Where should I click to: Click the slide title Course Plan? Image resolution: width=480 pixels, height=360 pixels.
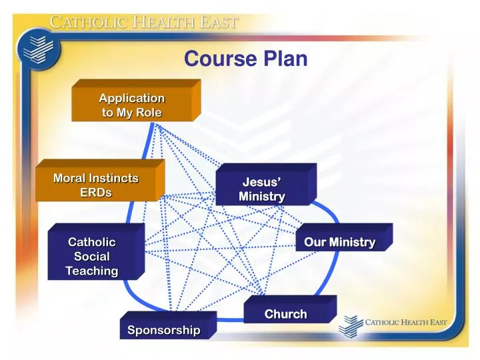pyautogui.click(x=245, y=59)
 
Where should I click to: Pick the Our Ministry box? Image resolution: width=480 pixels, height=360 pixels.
pyautogui.click(x=339, y=242)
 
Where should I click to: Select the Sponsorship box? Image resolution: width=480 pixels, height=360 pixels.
pyautogui.click(x=163, y=330)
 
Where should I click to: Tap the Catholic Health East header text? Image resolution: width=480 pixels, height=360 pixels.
pyautogui.click(x=144, y=22)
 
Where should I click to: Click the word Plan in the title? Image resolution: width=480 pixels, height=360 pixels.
pyautogui.click(x=285, y=59)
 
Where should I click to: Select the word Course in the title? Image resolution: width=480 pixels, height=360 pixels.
pyautogui.click(x=220, y=59)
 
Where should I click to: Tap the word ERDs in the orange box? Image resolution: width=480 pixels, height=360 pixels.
pyautogui.click(x=96, y=193)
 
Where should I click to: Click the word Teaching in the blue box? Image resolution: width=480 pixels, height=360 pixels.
pyautogui.click(x=92, y=271)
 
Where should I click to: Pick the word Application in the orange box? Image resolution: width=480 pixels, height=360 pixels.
pyautogui.click(x=132, y=98)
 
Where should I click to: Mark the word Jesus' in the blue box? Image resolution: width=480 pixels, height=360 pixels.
pyautogui.click(x=262, y=182)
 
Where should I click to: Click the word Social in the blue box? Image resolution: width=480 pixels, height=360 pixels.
pyautogui.click(x=92, y=256)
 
